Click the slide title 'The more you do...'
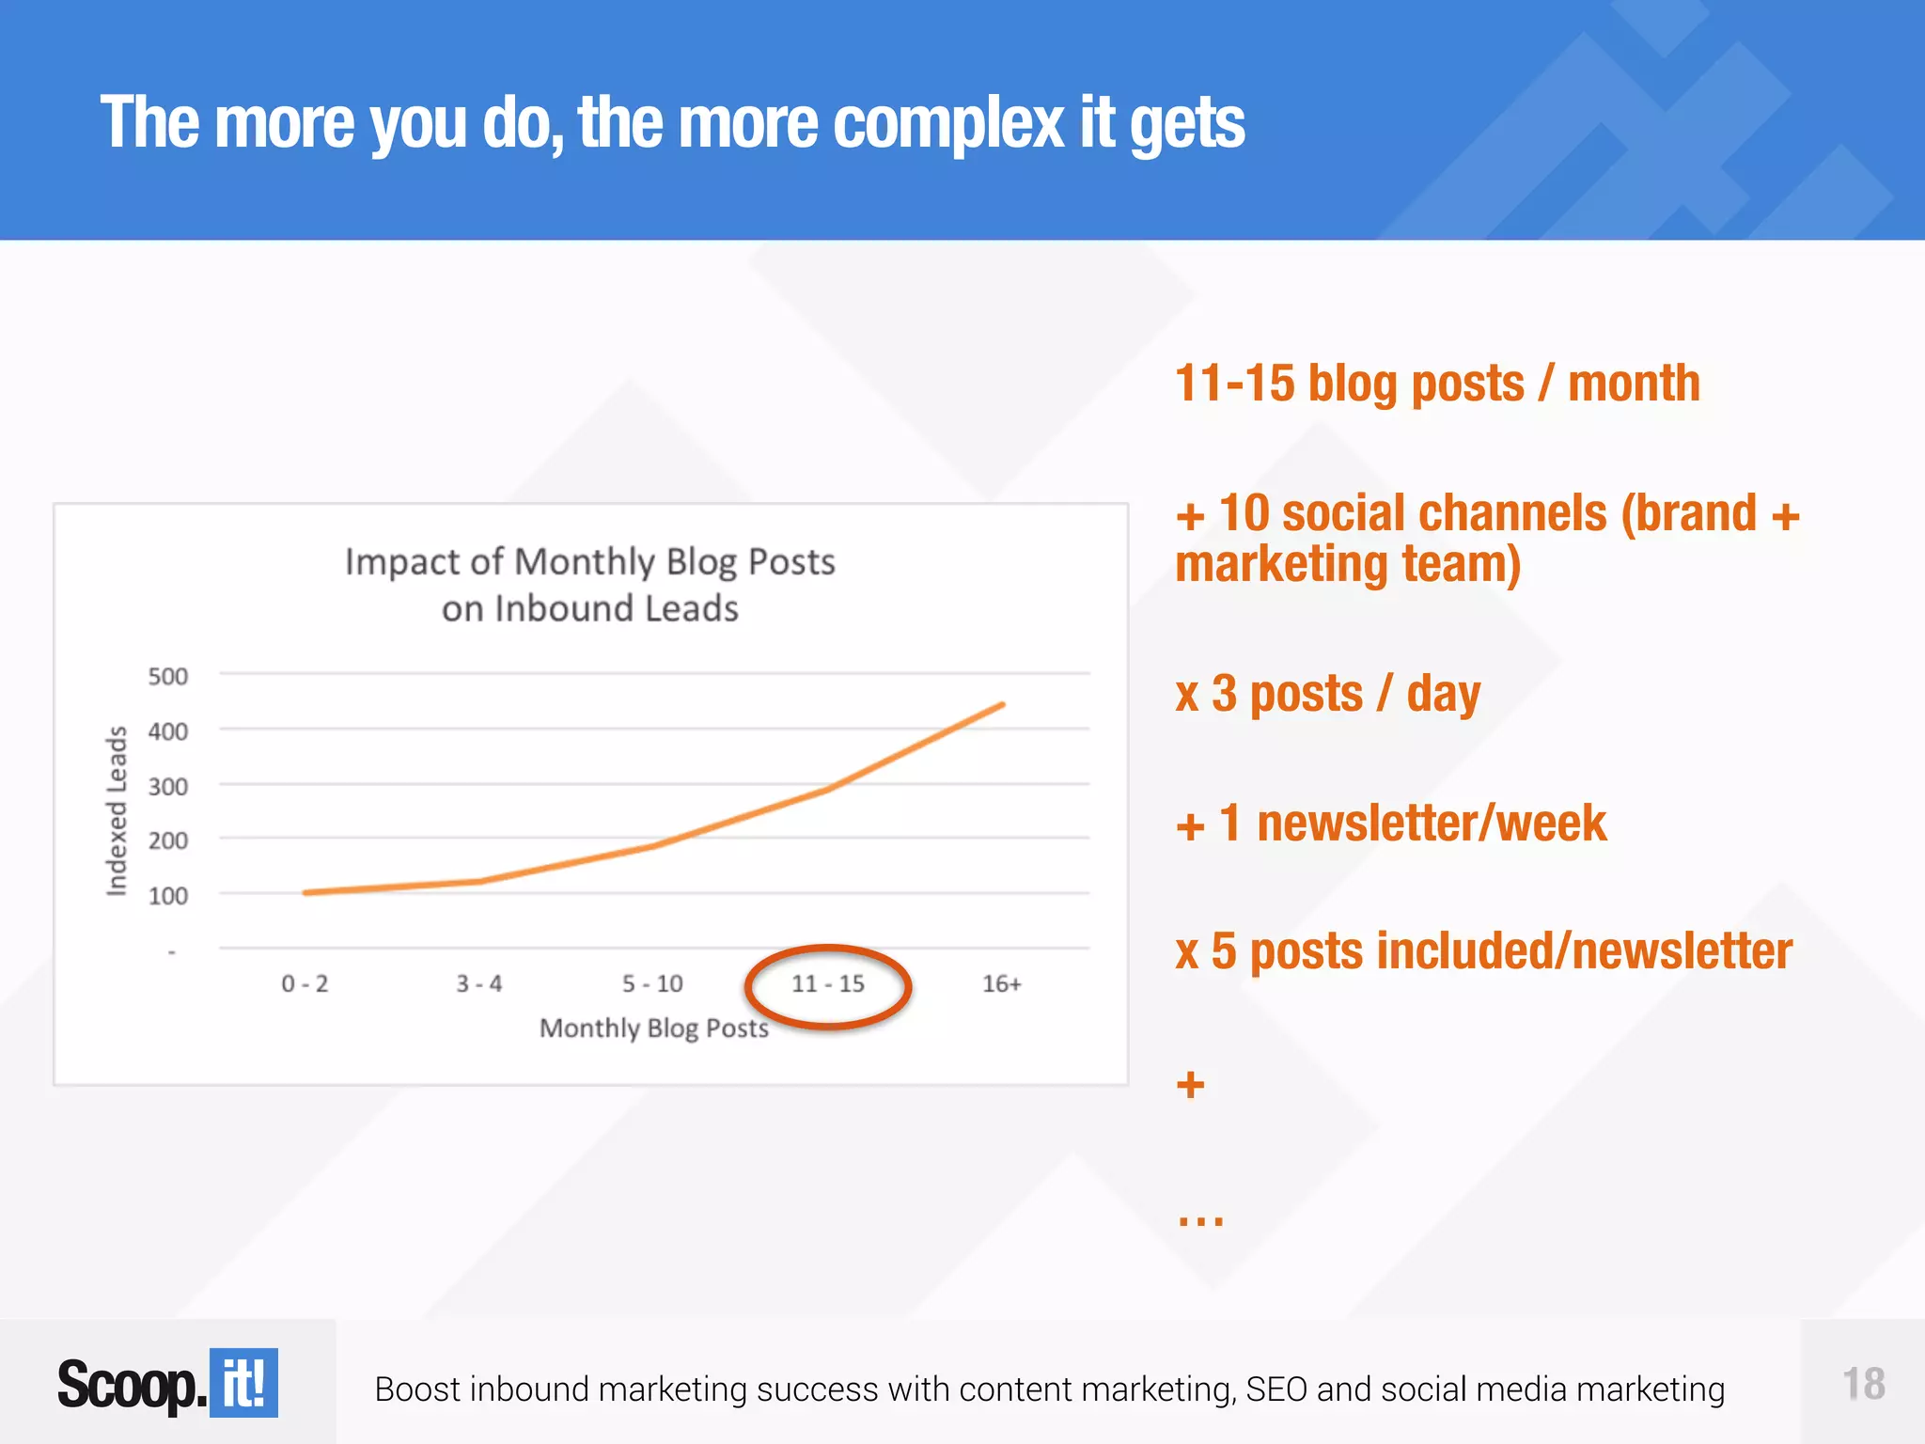(672, 122)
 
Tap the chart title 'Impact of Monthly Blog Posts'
(589, 562)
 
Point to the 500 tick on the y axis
(167, 676)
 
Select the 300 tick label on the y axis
(167, 786)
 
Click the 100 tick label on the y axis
(167, 895)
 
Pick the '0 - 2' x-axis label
(305, 983)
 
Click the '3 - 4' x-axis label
(479, 983)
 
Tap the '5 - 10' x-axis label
(652, 983)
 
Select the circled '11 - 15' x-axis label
(827, 983)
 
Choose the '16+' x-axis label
(1001, 983)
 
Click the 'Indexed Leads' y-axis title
(116, 810)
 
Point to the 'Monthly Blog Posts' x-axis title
(653, 1028)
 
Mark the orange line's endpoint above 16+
(1002, 704)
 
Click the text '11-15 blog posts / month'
(1437, 384)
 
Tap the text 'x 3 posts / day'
(1327, 694)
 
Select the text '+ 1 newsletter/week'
(1390, 823)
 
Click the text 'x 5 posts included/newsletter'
(1483, 950)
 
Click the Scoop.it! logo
(167, 1383)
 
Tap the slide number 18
(1863, 1384)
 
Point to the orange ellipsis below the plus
(1200, 1220)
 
